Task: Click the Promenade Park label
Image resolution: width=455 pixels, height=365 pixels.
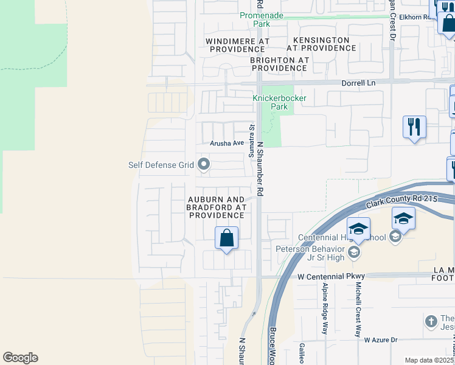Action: (x=262, y=19)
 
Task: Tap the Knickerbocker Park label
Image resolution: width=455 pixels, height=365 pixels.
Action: (x=279, y=102)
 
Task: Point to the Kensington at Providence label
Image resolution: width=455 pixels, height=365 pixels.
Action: (x=318, y=44)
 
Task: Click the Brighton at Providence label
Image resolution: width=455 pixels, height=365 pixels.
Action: (x=279, y=64)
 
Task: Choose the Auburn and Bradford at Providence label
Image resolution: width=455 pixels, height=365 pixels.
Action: (x=216, y=207)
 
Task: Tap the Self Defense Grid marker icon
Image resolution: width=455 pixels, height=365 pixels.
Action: (x=204, y=164)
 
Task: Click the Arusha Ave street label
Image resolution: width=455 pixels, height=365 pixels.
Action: (x=226, y=144)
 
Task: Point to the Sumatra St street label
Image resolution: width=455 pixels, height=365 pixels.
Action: (x=251, y=140)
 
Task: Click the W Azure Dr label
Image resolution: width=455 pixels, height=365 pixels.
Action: (x=380, y=339)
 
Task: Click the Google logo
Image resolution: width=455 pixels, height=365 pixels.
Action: (x=20, y=358)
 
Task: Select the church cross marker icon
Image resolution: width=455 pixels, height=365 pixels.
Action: (x=431, y=321)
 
